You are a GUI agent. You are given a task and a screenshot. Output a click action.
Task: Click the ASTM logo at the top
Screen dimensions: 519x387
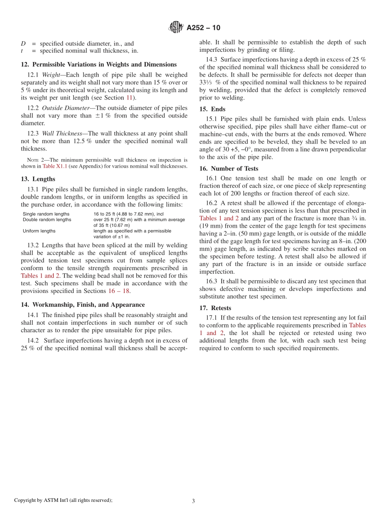tap(176, 28)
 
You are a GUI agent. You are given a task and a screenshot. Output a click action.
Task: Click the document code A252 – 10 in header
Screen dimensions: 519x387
tap(203, 28)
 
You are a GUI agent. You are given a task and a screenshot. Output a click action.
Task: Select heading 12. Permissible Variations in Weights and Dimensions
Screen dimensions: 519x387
tap(99, 64)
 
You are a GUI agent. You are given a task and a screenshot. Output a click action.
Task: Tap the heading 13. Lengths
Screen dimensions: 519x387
tap(38, 179)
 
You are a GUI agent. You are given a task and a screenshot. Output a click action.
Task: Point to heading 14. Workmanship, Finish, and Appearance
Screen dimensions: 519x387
tap(83, 305)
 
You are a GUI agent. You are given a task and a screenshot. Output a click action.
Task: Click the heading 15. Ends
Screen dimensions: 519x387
tap(212, 109)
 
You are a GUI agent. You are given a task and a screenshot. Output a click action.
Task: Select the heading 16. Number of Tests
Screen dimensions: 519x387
tap(229, 169)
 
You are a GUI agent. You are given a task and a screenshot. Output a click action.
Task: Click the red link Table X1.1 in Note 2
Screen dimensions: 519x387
tap(55, 166)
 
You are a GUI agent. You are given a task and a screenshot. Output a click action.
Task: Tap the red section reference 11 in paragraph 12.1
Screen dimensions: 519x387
tap(130, 98)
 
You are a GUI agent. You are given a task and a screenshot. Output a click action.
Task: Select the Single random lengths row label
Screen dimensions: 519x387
tap(46, 214)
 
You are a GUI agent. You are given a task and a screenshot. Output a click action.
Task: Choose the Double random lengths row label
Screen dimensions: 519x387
tap(47, 220)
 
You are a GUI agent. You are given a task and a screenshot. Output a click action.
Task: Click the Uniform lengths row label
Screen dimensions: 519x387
tap(39, 231)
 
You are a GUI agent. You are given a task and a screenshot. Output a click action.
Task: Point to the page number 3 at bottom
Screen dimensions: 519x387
tap(193, 501)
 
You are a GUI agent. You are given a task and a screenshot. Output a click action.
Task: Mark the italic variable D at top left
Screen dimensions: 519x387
tap(23, 44)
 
